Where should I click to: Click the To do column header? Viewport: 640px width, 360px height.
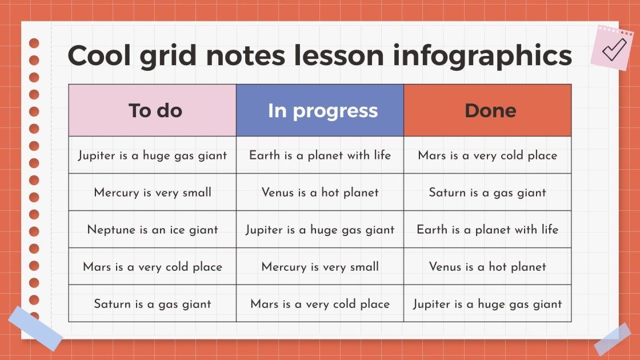pos(153,110)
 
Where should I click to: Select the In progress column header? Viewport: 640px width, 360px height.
pos(320,110)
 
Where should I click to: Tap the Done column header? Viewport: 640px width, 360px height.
pos(487,110)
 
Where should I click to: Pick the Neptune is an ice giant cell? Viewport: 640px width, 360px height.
pos(153,230)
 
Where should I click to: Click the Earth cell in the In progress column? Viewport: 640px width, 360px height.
pos(320,155)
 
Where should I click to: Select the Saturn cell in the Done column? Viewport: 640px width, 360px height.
pos(487,193)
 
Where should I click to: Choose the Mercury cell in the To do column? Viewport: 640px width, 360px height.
pos(153,193)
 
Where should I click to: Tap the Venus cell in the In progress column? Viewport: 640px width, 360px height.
pos(320,193)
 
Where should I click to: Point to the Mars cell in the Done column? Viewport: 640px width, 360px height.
pos(487,155)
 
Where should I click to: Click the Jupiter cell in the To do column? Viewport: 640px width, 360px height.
pos(153,155)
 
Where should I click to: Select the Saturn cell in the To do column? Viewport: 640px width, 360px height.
pos(153,303)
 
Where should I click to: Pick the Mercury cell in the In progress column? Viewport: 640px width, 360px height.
pos(320,266)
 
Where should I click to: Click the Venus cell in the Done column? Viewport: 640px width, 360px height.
pos(487,266)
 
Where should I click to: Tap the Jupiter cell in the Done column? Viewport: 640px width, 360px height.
pos(487,303)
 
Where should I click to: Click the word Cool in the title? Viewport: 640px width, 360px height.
pos(101,55)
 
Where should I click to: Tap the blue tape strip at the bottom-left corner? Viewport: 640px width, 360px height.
pos(35,328)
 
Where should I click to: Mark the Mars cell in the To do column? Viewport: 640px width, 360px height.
pos(153,266)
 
